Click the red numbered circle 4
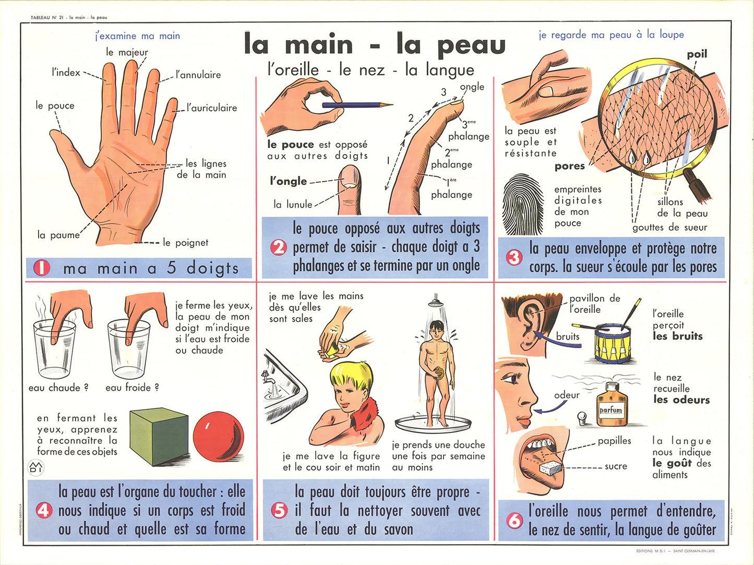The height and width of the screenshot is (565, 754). pyautogui.click(x=44, y=511)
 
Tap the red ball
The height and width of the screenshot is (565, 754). pyautogui.click(x=219, y=437)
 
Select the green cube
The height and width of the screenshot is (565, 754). pyautogui.click(x=159, y=436)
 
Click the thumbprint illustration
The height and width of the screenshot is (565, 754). pyautogui.click(x=523, y=205)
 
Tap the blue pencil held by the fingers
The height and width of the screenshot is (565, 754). pyautogui.click(x=357, y=105)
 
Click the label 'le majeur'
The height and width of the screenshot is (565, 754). pyautogui.click(x=127, y=52)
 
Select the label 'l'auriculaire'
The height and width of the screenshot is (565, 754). pyautogui.click(x=212, y=108)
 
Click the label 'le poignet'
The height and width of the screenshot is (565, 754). pyautogui.click(x=186, y=243)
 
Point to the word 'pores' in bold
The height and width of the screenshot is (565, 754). pyautogui.click(x=569, y=167)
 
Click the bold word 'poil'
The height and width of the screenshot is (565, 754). pyautogui.click(x=697, y=54)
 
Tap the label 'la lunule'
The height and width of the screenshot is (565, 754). pyautogui.click(x=293, y=205)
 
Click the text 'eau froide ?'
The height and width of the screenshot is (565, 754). pyautogui.click(x=132, y=387)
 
